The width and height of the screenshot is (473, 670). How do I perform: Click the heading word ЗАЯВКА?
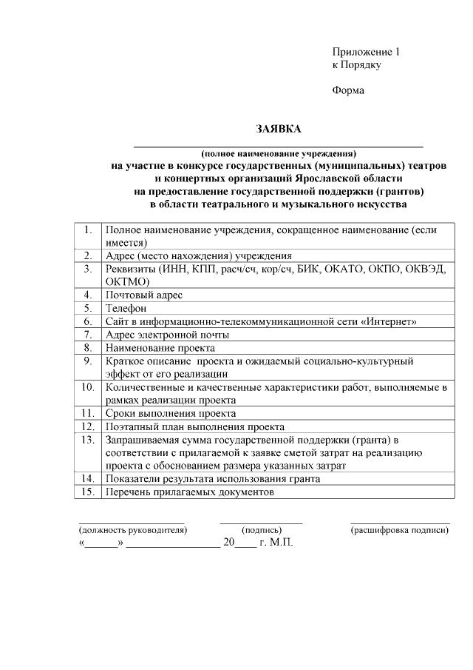pos(279,129)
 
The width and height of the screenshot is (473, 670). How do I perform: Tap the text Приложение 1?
pos(366,53)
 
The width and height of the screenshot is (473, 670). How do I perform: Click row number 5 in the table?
pos(88,308)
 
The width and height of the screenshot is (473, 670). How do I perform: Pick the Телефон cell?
pos(126,308)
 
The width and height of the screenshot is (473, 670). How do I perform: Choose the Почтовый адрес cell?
pos(144,295)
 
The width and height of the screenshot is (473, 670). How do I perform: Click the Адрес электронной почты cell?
pos(168,335)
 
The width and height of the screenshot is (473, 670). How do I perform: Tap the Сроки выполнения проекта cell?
pos(171,413)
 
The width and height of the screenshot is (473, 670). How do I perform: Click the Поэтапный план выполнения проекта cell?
pos(195,426)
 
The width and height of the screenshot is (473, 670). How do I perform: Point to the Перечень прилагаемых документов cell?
pos(190,492)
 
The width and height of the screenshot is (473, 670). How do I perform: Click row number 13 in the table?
pos(88,440)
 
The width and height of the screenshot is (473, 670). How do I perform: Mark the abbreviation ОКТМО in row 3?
pos(129,281)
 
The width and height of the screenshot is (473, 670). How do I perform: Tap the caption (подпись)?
pos(262,530)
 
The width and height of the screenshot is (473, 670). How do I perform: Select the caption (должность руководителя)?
pos(133,530)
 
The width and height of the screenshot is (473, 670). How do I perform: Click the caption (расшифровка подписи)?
pos(400,530)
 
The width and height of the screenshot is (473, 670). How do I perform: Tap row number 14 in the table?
pos(88,479)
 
